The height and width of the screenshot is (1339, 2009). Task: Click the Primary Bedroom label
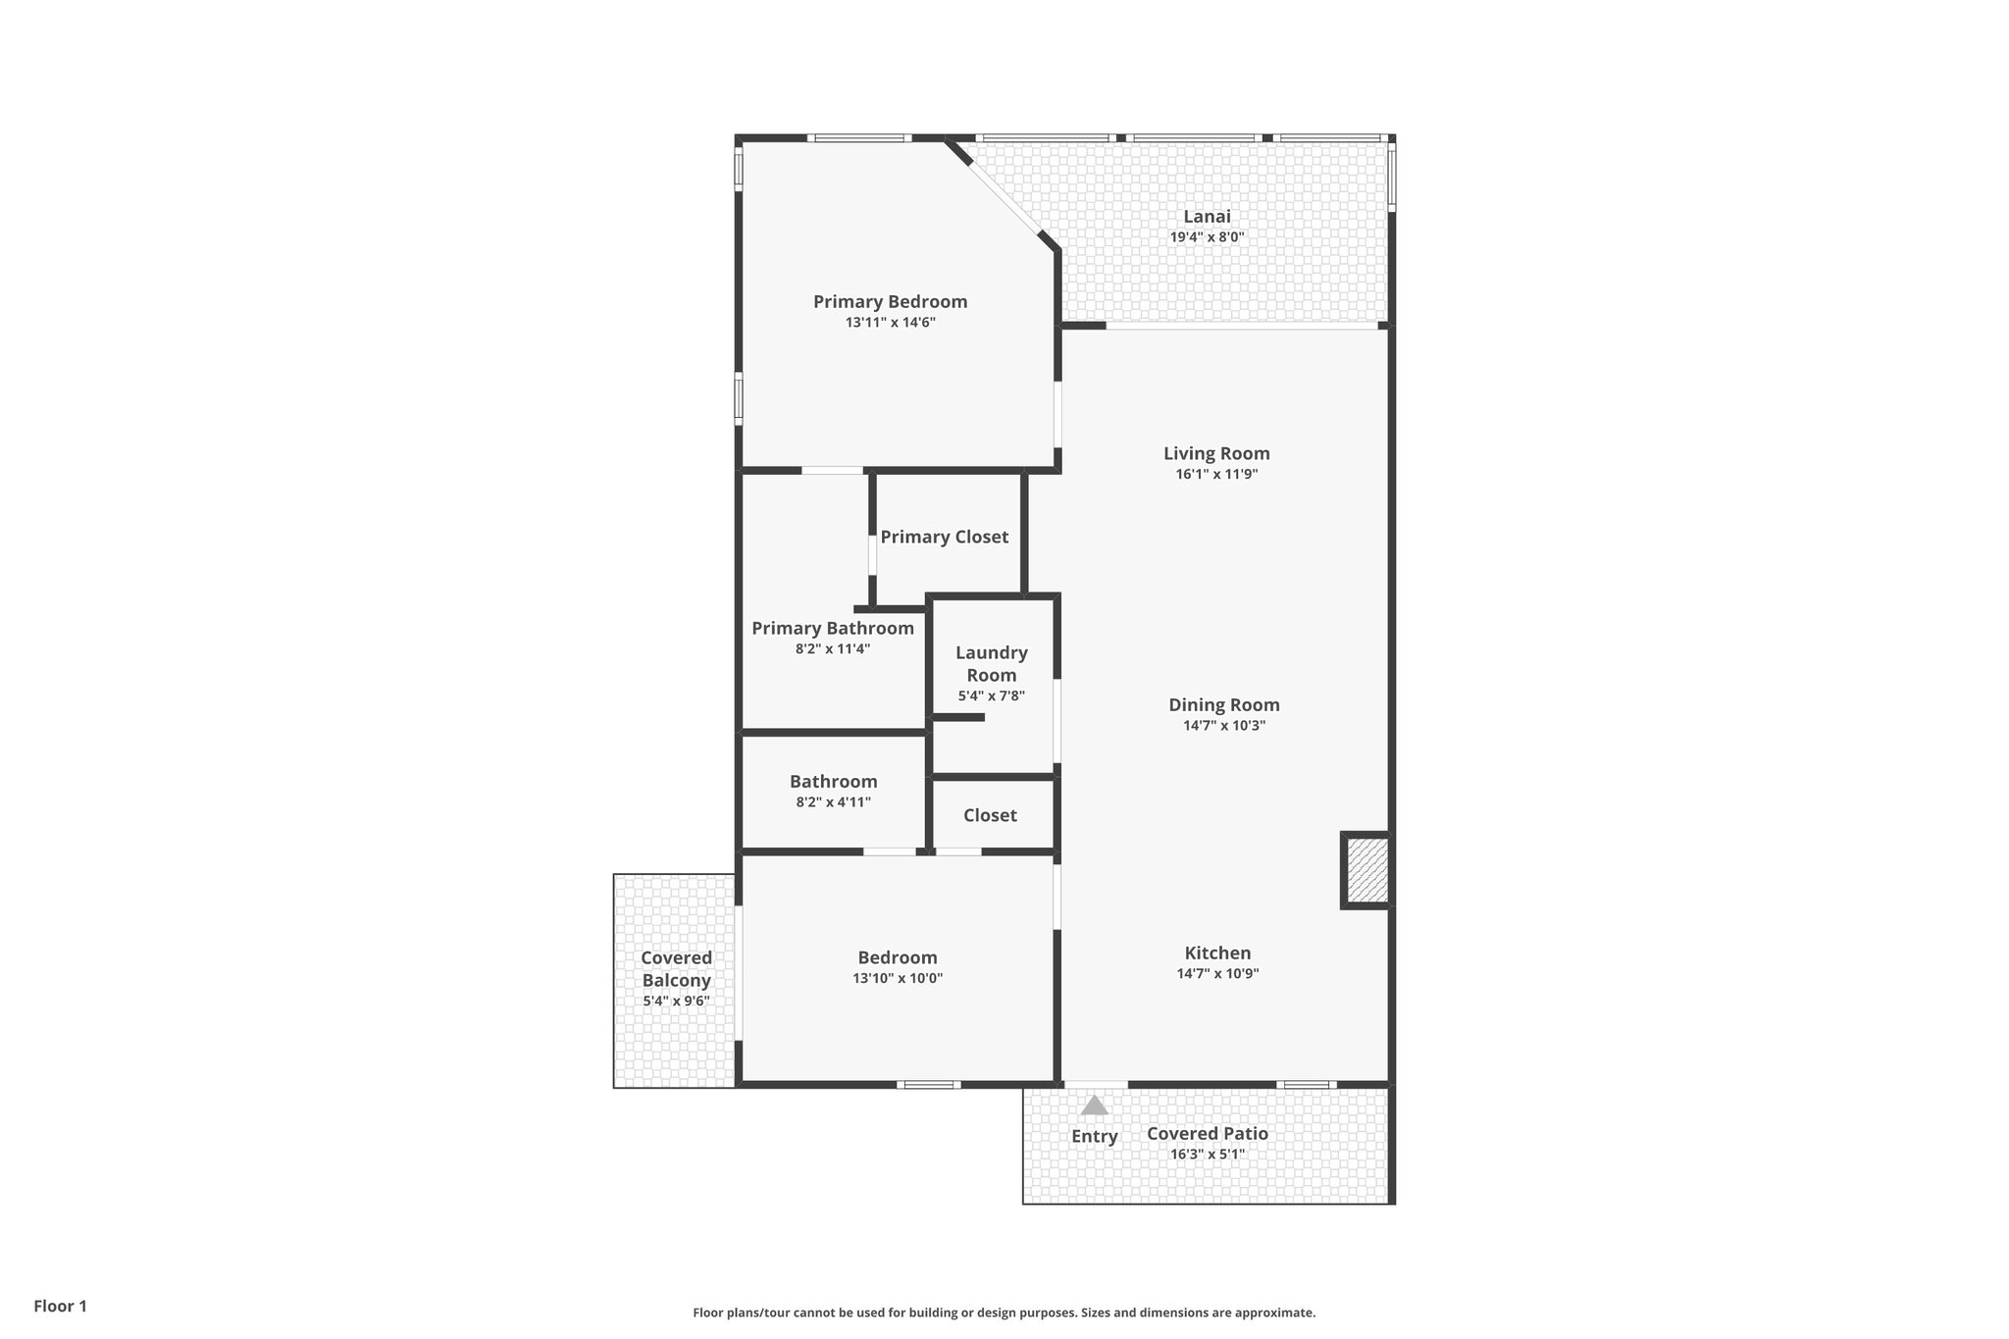pyautogui.click(x=890, y=302)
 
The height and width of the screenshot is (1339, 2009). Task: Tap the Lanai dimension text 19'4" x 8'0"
pyautogui.click(x=1207, y=237)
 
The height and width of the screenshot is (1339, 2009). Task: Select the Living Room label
pyautogui.click(x=1216, y=453)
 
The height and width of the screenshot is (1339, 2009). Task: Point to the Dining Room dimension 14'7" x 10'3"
pyautogui.click(x=1223, y=726)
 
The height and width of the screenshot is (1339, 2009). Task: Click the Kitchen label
pyautogui.click(x=1217, y=953)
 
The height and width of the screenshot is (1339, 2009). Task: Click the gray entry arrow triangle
pyautogui.click(x=1094, y=1107)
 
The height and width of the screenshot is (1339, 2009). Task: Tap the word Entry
pyautogui.click(x=1094, y=1136)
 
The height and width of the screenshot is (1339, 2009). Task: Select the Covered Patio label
pyautogui.click(x=1207, y=1133)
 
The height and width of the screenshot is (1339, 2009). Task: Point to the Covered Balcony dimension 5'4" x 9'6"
pyautogui.click(x=676, y=1002)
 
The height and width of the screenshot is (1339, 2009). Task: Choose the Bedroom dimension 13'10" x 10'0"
pyautogui.click(x=897, y=978)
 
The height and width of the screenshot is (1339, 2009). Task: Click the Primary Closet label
pyautogui.click(x=944, y=537)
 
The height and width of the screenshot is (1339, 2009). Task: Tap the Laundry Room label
pyautogui.click(x=991, y=663)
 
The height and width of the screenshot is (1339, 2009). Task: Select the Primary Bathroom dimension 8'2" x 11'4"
pyautogui.click(x=832, y=649)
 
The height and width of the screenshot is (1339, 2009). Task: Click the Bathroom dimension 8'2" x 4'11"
pyautogui.click(x=833, y=802)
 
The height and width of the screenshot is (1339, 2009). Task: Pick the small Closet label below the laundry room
pyautogui.click(x=990, y=815)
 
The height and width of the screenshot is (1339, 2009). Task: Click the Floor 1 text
pyautogui.click(x=60, y=1306)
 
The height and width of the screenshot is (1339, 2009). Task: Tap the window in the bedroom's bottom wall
pyautogui.click(x=928, y=1084)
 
